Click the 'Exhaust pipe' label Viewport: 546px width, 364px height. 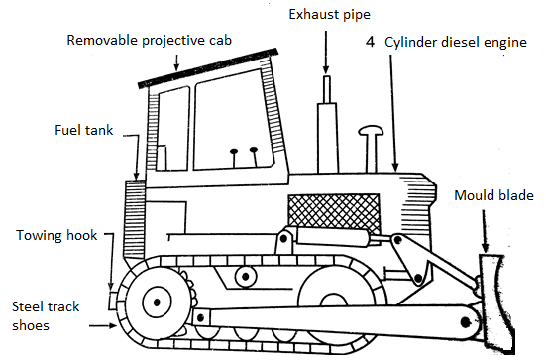pos(329,15)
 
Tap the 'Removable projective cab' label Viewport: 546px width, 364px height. pos(149,40)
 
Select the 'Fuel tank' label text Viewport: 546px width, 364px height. pos(84,130)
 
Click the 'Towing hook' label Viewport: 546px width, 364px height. pos(56,235)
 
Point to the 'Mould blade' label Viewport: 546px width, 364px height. pos(493,195)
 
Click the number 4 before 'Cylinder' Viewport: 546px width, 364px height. pos(370,42)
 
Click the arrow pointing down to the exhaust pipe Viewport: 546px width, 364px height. pos(326,53)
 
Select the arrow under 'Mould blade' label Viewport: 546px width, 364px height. pos(485,231)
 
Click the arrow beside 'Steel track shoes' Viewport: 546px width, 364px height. pos(103,326)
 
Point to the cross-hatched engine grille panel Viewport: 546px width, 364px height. pos(334,213)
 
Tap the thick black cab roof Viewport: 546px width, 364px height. pos(208,68)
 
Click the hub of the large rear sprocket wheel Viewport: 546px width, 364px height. pos(157,302)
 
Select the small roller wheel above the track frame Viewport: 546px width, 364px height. pos(246,277)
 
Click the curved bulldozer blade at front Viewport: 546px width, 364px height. pos(495,303)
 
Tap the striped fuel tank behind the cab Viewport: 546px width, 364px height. pos(135,219)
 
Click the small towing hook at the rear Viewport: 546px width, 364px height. pos(113,300)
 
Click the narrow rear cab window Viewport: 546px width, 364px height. pos(172,129)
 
